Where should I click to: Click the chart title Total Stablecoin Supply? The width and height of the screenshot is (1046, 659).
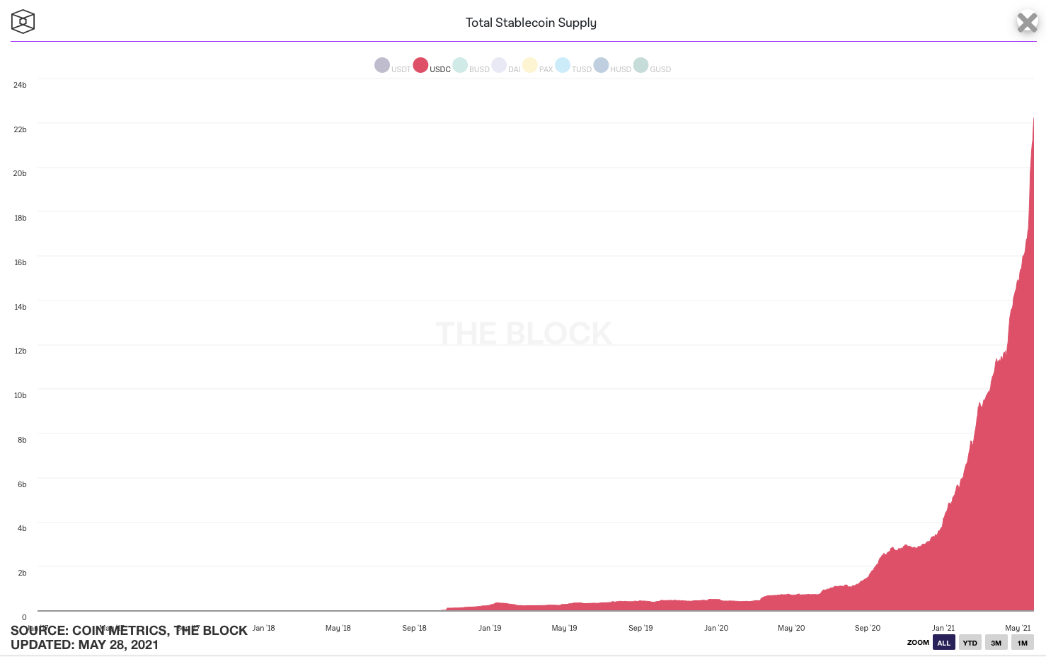[531, 23]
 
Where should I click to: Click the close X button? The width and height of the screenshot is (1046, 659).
[1027, 23]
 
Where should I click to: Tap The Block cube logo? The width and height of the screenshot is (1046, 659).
[23, 22]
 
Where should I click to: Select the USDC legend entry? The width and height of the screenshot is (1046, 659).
[432, 66]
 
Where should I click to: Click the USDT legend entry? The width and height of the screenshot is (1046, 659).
[392, 66]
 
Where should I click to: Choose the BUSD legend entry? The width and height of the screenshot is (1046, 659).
[471, 66]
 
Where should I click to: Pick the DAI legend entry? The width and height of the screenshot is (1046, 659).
[506, 66]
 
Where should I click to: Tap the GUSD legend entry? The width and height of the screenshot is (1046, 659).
[652, 66]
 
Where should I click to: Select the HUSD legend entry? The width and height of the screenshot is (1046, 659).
[612, 66]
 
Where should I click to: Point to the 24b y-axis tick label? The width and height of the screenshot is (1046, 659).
[20, 85]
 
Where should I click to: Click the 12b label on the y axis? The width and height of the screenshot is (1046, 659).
[20, 351]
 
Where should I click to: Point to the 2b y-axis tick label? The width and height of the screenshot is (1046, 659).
[22, 573]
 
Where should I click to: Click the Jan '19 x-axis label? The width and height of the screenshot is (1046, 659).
[490, 628]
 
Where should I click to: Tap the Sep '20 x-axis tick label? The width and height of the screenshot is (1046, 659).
[868, 628]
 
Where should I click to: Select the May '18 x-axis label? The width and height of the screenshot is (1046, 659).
[338, 628]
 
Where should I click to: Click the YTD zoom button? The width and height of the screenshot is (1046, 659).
[970, 643]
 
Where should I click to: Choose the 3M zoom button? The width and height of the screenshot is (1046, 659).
[996, 643]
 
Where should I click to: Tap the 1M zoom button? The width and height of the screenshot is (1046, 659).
[1022, 643]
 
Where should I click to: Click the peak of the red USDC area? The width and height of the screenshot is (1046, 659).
[1033, 118]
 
